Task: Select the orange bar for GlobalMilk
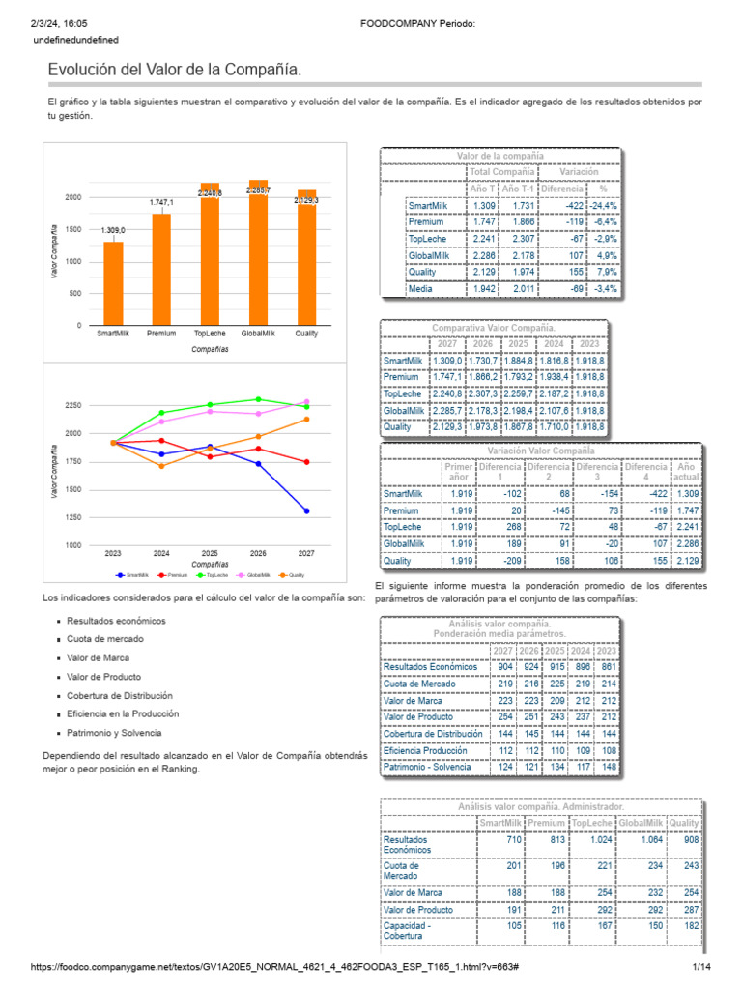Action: point(258,253)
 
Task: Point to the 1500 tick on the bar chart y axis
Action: point(73,229)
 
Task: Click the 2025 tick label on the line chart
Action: point(210,553)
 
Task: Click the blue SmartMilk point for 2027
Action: point(306,510)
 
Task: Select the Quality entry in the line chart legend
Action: point(291,575)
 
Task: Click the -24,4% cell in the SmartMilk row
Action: point(604,206)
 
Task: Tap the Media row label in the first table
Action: point(420,288)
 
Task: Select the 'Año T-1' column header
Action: point(517,189)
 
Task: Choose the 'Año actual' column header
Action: point(687,473)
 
